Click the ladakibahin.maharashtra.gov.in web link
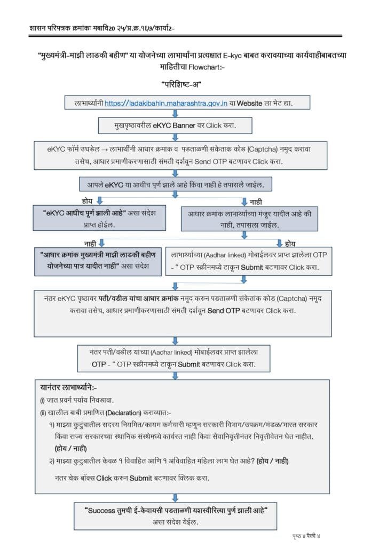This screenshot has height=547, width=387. tap(167, 103)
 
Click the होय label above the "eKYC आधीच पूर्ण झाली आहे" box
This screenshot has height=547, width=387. tap(88, 200)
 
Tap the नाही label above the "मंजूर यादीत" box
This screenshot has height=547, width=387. tap(256, 201)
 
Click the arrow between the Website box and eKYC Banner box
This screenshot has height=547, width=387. tap(176, 113)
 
